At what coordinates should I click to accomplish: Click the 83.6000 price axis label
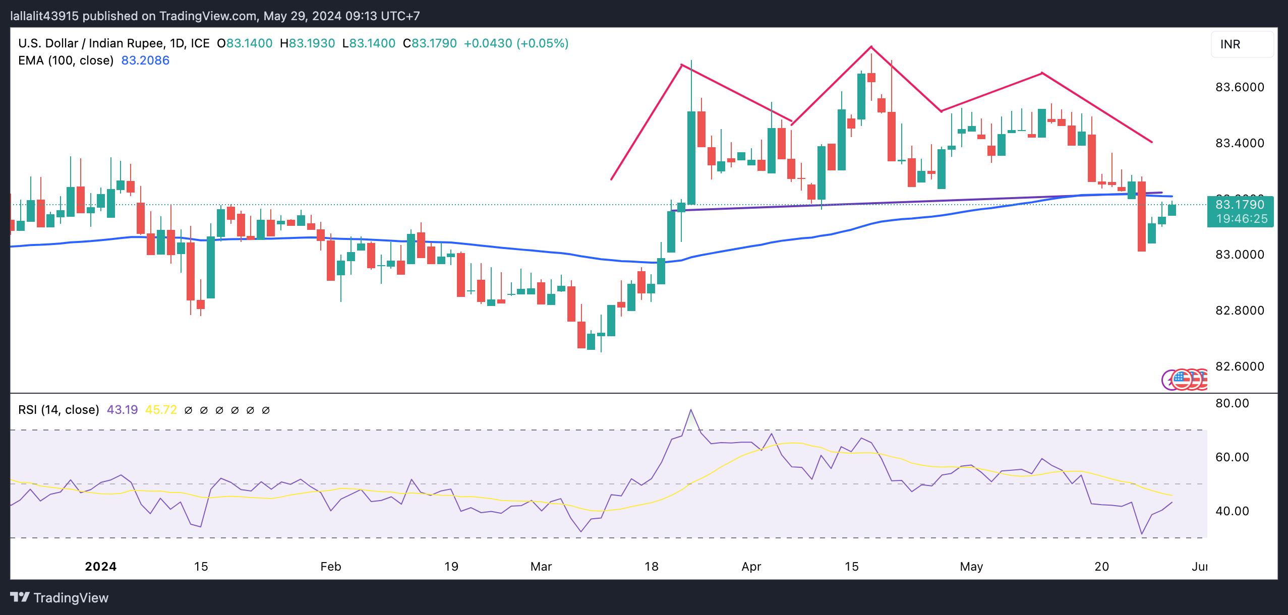click(1240, 87)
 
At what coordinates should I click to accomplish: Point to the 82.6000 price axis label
click(1240, 366)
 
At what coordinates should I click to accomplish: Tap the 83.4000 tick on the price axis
click(1240, 143)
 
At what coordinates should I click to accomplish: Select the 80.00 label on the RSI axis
click(1232, 403)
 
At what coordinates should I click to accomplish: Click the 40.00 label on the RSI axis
click(1232, 511)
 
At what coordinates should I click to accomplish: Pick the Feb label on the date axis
click(331, 567)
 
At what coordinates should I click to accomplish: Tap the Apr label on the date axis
click(751, 567)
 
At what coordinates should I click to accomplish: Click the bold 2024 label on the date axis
click(101, 567)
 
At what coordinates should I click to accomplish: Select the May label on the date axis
click(971, 567)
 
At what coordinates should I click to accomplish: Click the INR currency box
click(1242, 44)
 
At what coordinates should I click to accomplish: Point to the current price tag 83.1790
click(1240, 205)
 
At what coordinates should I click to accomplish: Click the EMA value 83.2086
click(145, 60)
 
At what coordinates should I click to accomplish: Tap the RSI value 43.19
click(122, 410)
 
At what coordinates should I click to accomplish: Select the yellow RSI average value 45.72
click(161, 410)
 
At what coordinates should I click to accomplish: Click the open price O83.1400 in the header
click(245, 43)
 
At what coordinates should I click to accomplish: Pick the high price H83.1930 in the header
click(307, 43)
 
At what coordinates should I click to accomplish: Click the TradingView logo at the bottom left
click(60, 598)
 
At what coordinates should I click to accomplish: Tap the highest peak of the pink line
click(871, 47)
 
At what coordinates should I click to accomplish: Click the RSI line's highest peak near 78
click(691, 410)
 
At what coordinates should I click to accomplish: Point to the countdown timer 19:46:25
click(1242, 219)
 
